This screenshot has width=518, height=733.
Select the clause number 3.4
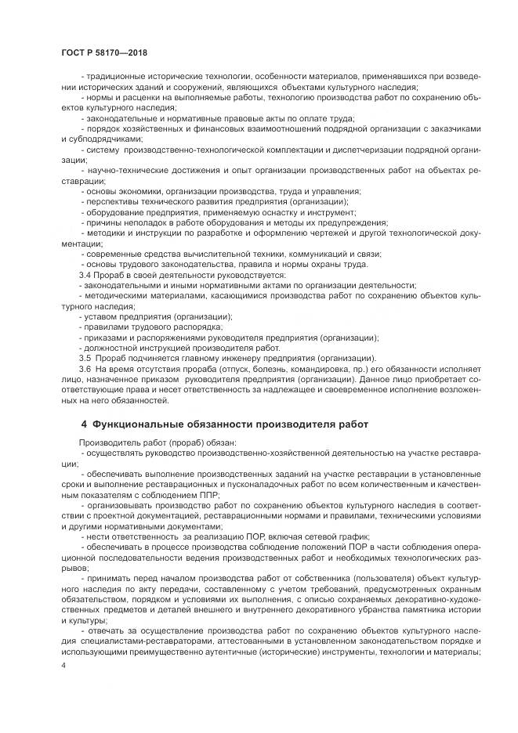pyautogui.click(x=87, y=275)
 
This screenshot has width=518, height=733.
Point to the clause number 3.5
pyautogui.click(x=87, y=357)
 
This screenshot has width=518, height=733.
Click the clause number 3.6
pyautogui.click(x=87, y=368)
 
